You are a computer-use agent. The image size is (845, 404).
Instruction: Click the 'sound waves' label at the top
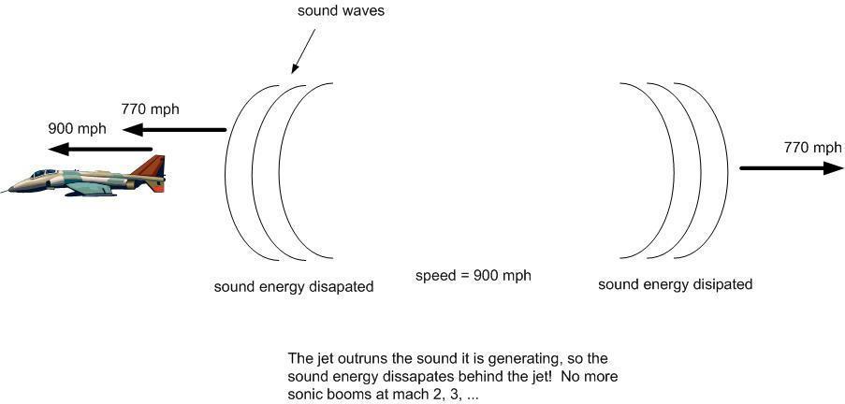click(342, 11)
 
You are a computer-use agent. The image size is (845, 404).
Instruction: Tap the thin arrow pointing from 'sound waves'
click(303, 51)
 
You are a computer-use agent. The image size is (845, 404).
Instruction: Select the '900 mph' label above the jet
click(77, 129)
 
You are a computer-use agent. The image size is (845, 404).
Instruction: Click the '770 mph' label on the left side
click(151, 109)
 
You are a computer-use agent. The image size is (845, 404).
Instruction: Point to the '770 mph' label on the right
click(812, 147)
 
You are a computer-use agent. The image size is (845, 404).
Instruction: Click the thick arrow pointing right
click(791, 168)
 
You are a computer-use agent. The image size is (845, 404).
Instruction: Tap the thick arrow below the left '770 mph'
click(174, 129)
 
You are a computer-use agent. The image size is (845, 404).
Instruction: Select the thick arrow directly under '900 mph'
click(100, 149)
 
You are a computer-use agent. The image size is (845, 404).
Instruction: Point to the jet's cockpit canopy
click(44, 173)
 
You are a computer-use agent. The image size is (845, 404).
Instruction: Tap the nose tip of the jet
click(2, 192)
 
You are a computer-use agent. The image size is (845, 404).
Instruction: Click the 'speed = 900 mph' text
click(473, 275)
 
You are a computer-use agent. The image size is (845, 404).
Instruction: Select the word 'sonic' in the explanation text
click(304, 394)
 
